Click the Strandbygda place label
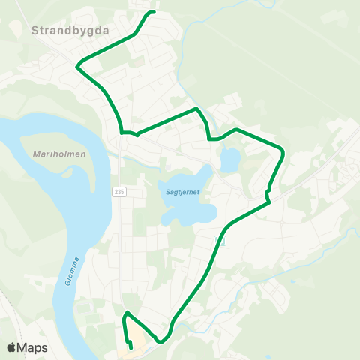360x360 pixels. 70,31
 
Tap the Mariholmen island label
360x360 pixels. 61,154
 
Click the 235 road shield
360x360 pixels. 119,192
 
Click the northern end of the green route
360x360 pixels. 154,13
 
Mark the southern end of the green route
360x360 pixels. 131,347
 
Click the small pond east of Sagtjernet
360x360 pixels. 229,159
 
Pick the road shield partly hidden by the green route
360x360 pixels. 219,238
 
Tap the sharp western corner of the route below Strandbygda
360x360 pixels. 77,66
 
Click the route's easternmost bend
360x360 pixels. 283,152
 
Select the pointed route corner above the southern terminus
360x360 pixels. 127,312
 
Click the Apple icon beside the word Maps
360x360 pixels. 11,348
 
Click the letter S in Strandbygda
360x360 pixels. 36,31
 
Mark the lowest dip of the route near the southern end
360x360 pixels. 160,343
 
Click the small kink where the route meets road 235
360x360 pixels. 136,135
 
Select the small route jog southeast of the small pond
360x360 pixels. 267,196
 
